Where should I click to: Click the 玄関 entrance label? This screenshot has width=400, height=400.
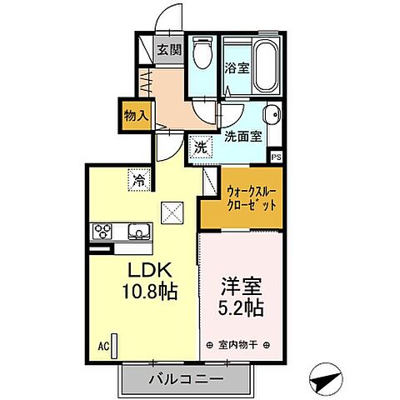[169, 49]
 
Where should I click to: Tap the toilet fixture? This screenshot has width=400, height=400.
[201, 55]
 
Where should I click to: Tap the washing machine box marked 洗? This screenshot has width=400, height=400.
[201, 147]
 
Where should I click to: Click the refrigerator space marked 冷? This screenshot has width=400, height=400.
[137, 179]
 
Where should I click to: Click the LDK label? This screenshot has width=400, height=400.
[150, 272]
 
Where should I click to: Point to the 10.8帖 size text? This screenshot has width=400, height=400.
[151, 293]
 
